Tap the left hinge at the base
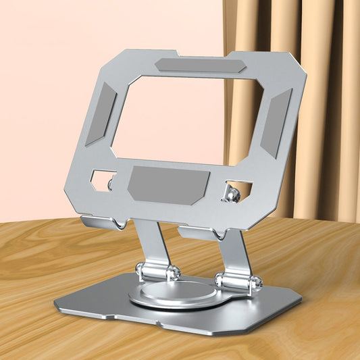pyautogui.click(x=157, y=272)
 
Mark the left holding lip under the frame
pyautogui.click(x=102, y=222)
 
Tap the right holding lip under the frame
pyautogui.click(x=200, y=233)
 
